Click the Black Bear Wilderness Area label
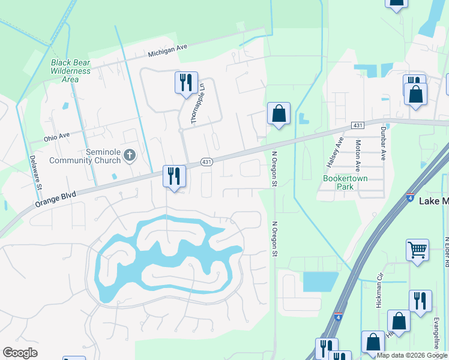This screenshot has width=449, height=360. tap(71, 71)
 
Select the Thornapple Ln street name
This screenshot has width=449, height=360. tap(193, 103)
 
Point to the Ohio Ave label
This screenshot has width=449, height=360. tap(57, 138)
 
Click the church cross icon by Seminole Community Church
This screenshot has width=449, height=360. tap(129, 156)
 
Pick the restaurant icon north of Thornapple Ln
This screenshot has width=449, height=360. tap(185, 82)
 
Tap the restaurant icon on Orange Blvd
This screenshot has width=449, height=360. tap(174, 176)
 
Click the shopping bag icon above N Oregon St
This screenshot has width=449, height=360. tap(279, 113)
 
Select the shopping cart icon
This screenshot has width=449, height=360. tap(417, 249)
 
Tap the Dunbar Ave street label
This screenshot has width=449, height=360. tap(382, 146)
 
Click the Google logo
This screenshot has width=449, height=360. tap(20, 353)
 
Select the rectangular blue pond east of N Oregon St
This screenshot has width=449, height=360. tap(321, 281)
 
